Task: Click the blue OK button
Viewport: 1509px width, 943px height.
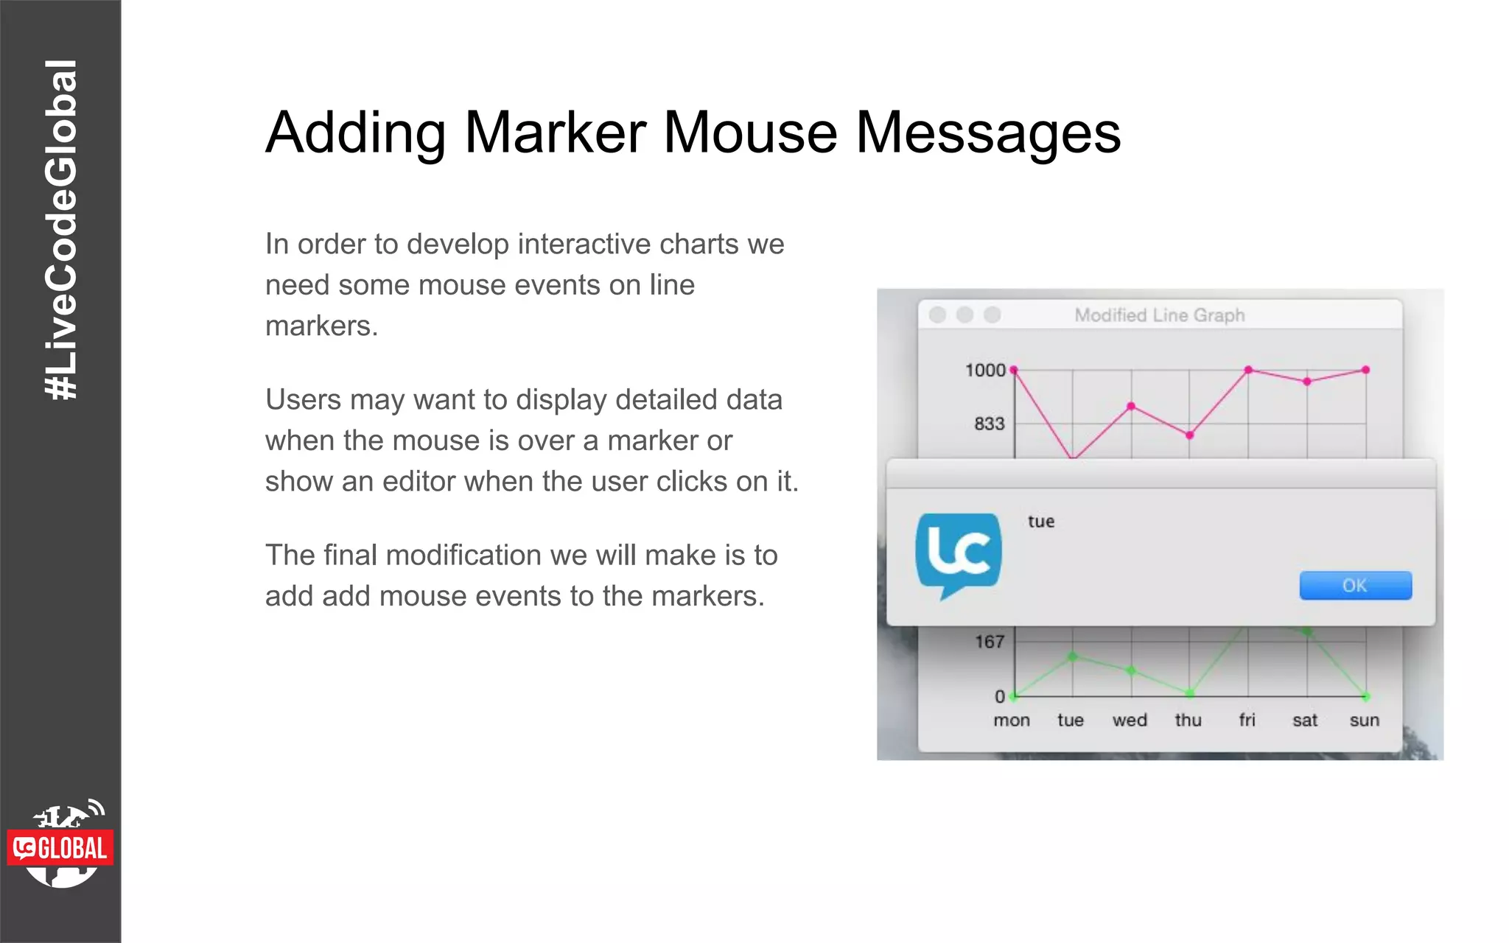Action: tap(1355, 586)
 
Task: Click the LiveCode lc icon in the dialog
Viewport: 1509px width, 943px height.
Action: tap(958, 554)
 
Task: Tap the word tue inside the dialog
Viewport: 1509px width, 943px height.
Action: tap(1041, 522)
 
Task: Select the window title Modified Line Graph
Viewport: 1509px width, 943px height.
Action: tap(1159, 315)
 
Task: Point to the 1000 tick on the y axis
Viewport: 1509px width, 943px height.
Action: tap(985, 370)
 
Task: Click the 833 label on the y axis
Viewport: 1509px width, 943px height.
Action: tap(989, 424)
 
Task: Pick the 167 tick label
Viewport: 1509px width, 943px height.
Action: tap(989, 642)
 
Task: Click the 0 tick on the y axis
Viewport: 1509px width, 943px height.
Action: tap(999, 696)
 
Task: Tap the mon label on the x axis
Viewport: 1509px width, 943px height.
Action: tap(1011, 721)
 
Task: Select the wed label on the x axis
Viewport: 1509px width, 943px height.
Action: tap(1130, 721)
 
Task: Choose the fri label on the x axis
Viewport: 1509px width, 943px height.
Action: tap(1247, 721)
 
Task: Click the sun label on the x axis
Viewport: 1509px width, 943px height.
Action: tap(1364, 721)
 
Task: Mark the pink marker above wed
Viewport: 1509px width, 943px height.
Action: tap(1131, 406)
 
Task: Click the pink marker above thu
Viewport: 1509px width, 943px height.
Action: tap(1189, 435)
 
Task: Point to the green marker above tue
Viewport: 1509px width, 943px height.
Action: tap(1073, 656)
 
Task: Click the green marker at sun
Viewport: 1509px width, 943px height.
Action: tap(1366, 696)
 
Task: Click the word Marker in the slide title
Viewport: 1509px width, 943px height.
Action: tap(556, 133)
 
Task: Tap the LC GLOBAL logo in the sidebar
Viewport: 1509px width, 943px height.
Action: tap(61, 847)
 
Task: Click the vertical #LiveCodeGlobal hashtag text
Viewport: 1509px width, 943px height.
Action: tap(61, 230)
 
